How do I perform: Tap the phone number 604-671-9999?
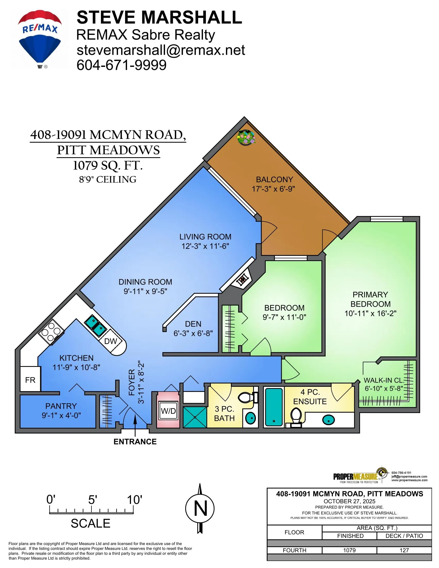point(121,65)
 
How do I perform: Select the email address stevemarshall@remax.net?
point(160,50)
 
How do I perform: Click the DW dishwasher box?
point(111,341)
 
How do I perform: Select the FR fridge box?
point(30,380)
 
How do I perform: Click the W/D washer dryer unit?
point(168,411)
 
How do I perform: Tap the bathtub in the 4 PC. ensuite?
point(273,407)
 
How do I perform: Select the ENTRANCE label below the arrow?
point(135,441)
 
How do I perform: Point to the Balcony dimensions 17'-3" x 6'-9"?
point(273,189)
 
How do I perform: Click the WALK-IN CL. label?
point(383,380)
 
